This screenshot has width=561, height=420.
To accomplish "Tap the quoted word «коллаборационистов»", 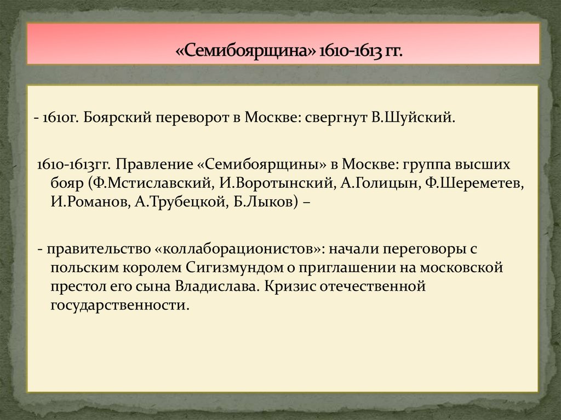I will [241, 249].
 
